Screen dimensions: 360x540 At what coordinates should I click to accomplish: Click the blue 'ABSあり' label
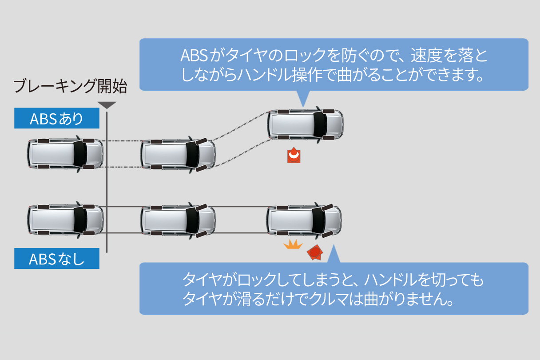[x=56, y=119]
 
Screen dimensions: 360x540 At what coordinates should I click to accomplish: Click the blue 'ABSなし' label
[x=56, y=259]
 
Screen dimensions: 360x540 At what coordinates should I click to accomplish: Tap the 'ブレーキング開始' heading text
[x=70, y=86]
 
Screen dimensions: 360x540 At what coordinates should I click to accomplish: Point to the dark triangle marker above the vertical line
[x=107, y=105]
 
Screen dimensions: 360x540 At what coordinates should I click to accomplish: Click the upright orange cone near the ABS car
[x=294, y=155]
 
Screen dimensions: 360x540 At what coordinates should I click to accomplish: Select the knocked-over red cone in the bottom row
[x=314, y=252]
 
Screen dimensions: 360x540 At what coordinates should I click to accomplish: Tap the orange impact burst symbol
[x=293, y=244]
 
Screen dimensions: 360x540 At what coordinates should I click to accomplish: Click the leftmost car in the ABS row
[x=65, y=154]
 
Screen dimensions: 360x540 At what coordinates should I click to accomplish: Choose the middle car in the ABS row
[x=178, y=154]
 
